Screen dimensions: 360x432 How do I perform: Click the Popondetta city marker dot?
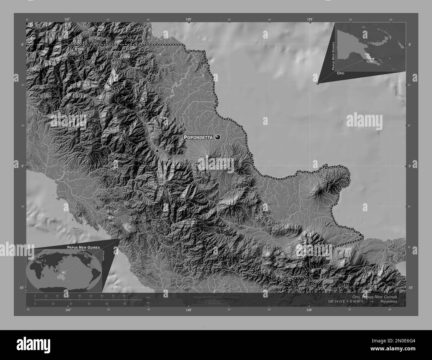[218, 137]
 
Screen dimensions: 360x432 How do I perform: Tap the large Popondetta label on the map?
[198, 137]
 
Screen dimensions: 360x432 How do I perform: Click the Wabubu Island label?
[350, 235]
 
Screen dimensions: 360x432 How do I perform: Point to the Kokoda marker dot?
[157, 151]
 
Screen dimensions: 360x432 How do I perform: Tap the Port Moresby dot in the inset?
[365, 60]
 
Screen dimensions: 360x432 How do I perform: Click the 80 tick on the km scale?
[124, 296]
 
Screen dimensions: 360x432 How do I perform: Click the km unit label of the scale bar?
[148, 298]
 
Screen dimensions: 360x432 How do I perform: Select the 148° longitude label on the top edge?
[188, 20]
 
